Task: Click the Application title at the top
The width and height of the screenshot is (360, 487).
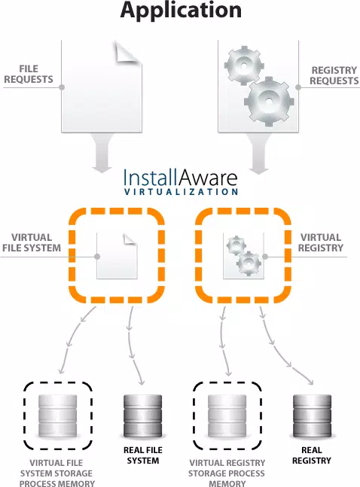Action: [x=181, y=11]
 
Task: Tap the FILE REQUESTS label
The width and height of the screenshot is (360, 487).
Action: [x=29, y=74]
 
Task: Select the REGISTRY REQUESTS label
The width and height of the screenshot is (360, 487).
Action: [x=334, y=75]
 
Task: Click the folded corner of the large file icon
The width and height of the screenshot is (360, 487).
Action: [x=128, y=53]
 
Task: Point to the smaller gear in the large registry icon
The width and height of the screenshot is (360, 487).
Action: [x=244, y=65]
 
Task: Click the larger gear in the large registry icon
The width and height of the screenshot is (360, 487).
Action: [x=269, y=101]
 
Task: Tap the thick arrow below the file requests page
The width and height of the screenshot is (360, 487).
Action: [x=102, y=153]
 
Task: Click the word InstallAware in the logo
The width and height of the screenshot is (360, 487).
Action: [x=180, y=178]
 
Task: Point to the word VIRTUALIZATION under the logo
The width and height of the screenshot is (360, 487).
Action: [x=181, y=191]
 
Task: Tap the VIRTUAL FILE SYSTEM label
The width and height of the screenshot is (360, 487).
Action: [x=32, y=242]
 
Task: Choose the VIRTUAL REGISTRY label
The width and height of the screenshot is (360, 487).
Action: [x=321, y=242]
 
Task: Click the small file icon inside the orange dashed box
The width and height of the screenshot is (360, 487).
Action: [x=117, y=256]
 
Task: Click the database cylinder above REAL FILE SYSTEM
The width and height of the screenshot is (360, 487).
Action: [x=142, y=415]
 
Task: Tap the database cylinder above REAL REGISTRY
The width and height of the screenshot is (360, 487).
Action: [x=312, y=415]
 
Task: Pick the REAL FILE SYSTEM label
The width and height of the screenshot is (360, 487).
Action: [x=142, y=455]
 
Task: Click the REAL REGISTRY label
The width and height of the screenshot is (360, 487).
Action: [x=312, y=455]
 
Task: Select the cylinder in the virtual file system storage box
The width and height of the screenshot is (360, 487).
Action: [x=57, y=415]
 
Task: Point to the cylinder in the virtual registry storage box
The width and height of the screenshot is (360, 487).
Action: [x=227, y=415]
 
